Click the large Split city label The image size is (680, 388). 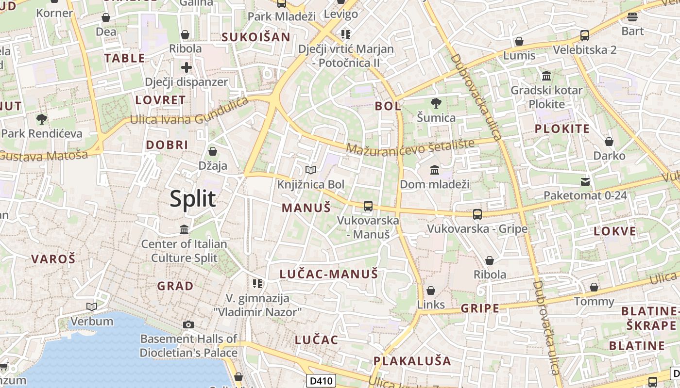click(x=193, y=199)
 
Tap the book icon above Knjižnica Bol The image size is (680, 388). click(x=311, y=170)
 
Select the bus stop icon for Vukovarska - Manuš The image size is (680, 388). click(x=368, y=206)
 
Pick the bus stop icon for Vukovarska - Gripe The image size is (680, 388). click(x=477, y=214)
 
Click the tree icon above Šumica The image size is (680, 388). click(x=436, y=103)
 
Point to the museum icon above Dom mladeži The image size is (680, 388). click(x=435, y=170)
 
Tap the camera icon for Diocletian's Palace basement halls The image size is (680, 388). click(x=188, y=324)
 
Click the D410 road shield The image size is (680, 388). click(x=322, y=381)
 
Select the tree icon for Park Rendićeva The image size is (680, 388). click(x=42, y=119)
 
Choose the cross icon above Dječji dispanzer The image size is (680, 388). click(x=187, y=67)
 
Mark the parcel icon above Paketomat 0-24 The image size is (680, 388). click(x=585, y=182)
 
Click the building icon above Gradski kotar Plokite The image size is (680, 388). click(x=546, y=76)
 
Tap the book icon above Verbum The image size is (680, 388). click(x=92, y=307)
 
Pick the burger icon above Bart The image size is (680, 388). click(x=632, y=17)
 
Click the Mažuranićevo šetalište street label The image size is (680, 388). click(x=410, y=147)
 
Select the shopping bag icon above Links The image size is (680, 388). click(x=430, y=291)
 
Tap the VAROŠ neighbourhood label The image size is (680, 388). click(x=53, y=259)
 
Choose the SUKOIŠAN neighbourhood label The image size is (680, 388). click(x=256, y=37)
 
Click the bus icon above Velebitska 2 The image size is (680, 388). click(x=585, y=35)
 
